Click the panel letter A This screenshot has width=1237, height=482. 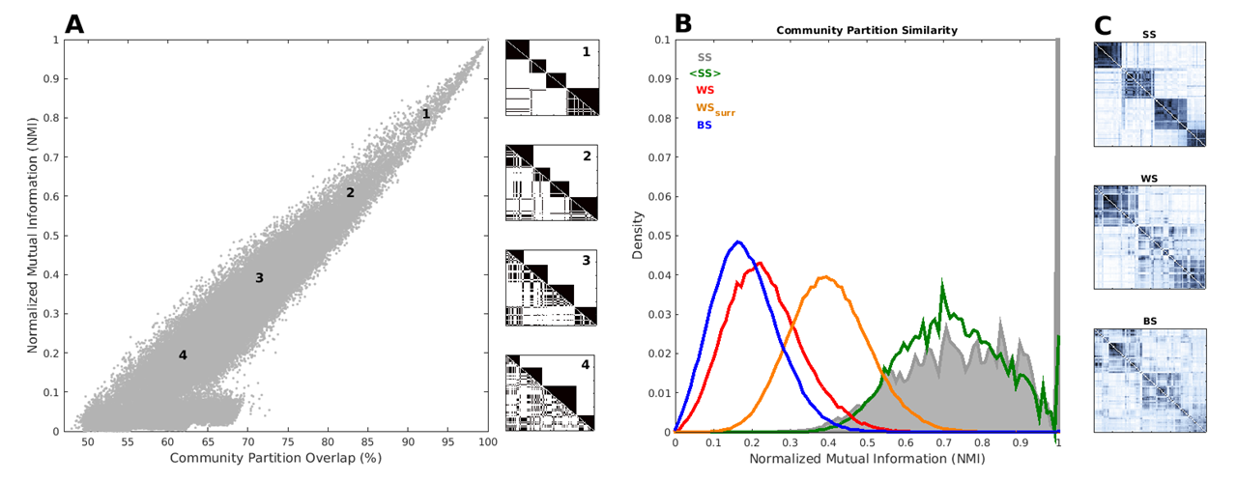(x=74, y=24)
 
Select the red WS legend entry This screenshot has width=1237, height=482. (x=705, y=90)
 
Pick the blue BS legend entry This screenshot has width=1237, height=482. (x=705, y=125)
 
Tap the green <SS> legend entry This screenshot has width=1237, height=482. (x=705, y=73)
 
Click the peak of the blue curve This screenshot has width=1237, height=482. (x=737, y=241)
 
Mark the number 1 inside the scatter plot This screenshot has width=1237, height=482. (x=426, y=114)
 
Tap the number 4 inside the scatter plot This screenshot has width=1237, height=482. (x=183, y=355)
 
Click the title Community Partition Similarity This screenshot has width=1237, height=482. (x=867, y=30)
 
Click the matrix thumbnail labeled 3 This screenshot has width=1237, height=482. (x=551, y=287)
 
